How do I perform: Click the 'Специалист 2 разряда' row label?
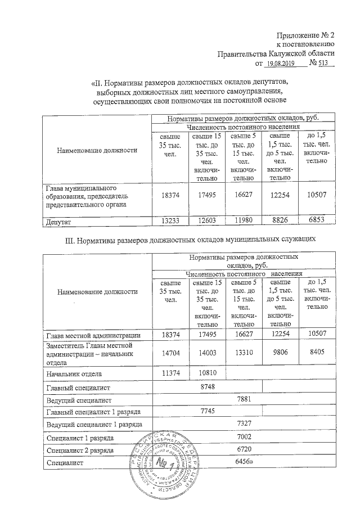pos(81,450)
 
